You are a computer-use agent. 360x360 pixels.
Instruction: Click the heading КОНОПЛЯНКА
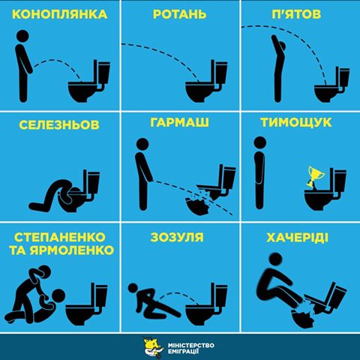(x=59, y=14)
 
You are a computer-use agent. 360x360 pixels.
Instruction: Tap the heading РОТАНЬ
(x=180, y=14)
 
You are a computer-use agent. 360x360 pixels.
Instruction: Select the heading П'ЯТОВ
(x=300, y=14)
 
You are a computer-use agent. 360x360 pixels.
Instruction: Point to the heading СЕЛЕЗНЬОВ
(x=59, y=124)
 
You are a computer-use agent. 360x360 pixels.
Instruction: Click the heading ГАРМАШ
(x=180, y=124)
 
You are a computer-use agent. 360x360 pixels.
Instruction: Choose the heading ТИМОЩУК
(x=300, y=124)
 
